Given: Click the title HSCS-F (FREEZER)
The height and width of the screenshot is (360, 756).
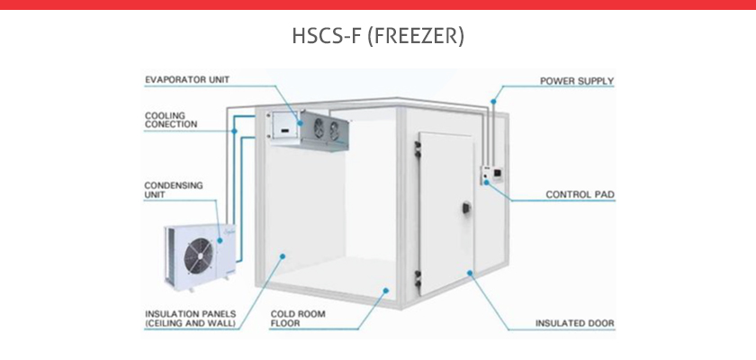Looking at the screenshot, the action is click(378, 36).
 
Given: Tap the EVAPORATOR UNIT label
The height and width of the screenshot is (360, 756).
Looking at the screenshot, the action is click(187, 79).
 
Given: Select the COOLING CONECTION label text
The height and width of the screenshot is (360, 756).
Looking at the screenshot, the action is click(171, 120).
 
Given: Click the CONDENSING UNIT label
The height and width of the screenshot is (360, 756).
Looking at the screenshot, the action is click(174, 190).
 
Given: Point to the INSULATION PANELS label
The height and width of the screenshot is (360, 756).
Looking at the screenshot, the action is click(191, 319).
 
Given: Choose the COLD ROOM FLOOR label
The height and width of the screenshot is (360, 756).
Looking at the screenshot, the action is click(298, 319).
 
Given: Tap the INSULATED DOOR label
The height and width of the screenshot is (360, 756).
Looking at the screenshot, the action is click(575, 323).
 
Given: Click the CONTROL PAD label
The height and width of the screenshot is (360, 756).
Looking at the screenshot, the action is click(580, 194).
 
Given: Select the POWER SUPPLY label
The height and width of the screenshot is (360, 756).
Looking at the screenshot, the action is click(577, 81).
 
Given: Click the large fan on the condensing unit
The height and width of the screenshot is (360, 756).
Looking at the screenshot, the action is click(199, 256).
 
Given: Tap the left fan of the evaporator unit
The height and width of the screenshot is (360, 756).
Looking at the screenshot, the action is click(319, 127).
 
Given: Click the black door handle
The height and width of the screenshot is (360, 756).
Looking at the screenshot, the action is click(466, 208).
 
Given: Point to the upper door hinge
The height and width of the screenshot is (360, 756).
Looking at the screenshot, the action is click(418, 148).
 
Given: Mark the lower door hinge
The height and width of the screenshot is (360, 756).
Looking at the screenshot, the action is click(418, 281).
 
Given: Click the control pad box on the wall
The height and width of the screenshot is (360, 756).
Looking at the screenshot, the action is click(492, 175).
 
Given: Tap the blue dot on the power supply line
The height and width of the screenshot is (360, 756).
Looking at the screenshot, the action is click(493, 102).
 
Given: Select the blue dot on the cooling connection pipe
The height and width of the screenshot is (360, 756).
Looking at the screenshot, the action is click(234, 131).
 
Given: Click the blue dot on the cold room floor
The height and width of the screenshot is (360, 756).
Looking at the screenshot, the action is click(386, 291).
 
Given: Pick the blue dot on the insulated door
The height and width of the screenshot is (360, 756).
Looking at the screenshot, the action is click(469, 273).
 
